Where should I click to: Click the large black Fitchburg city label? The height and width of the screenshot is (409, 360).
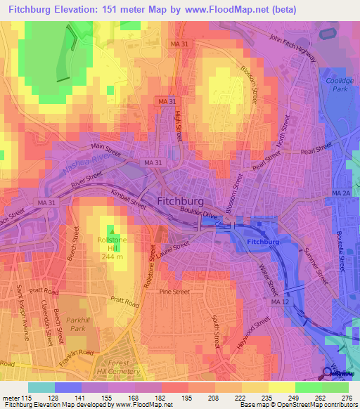(185, 201)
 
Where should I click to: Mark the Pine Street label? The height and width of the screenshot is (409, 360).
(174, 291)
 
